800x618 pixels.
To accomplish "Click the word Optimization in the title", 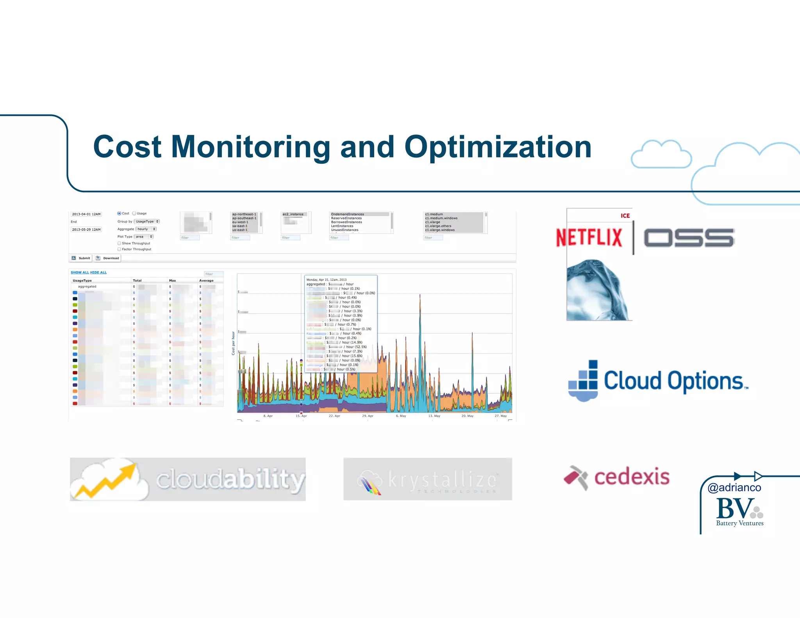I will click(x=498, y=147).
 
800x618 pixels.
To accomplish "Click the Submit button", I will click(x=81, y=258).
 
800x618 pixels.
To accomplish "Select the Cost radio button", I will click(x=119, y=213).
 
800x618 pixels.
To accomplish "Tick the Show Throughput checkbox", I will click(x=119, y=243).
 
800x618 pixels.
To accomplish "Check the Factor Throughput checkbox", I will click(x=119, y=249).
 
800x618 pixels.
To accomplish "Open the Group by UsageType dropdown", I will click(x=147, y=221).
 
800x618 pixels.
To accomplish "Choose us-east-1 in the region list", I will click(x=240, y=230).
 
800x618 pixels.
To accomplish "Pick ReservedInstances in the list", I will click(x=346, y=218).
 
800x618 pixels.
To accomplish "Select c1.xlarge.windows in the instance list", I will click(x=440, y=230).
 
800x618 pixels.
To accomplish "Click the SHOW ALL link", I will click(x=80, y=272).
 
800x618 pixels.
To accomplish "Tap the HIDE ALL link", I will click(x=98, y=272).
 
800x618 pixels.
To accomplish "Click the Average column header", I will click(x=206, y=280).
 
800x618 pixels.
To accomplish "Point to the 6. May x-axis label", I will click(x=401, y=416).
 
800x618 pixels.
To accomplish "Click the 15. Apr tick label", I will click(x=301, y=416).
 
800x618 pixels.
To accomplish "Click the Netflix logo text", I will click(x=589, y=238).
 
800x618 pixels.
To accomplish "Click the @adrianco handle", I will click(x=734, y=488).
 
